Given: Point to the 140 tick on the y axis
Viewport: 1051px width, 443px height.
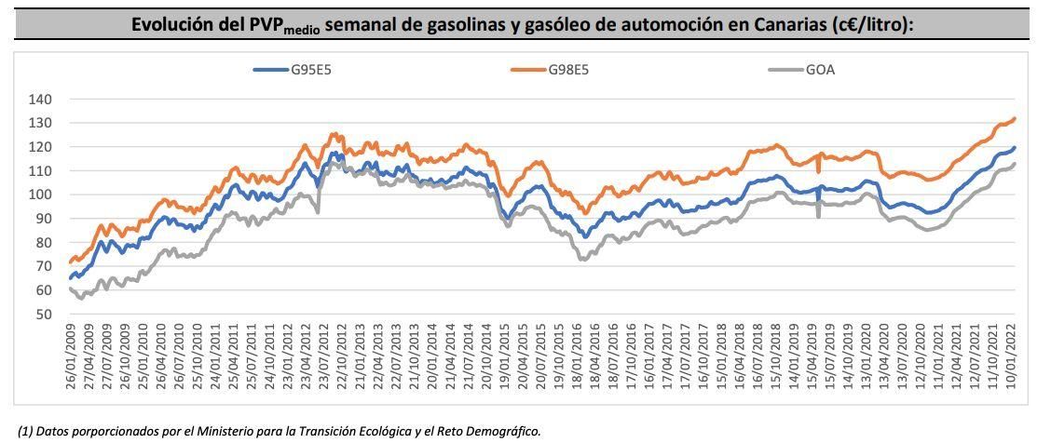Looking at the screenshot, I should click(41, 100).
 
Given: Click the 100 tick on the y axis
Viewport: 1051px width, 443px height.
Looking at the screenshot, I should click(41, 195).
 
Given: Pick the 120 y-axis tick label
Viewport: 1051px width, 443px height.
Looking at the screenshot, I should click(41, 147).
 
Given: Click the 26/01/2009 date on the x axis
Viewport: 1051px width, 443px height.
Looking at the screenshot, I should click(71, 362).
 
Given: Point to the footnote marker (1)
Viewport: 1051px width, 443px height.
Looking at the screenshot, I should click(27, 430).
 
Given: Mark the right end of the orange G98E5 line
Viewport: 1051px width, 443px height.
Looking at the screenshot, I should click(1015, 118).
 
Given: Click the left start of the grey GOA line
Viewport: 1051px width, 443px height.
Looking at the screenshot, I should click(71, 289).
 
